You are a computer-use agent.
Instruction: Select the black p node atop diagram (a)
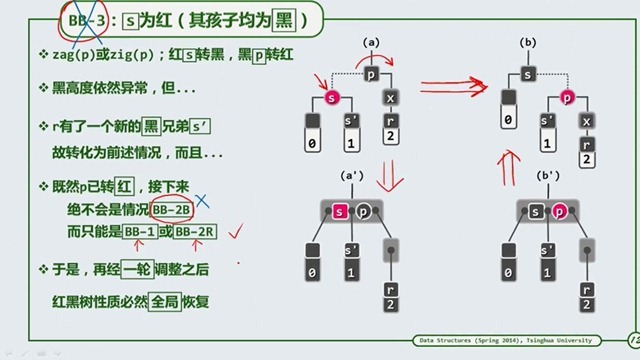click(372, 75)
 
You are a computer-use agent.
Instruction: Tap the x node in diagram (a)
click(391, 99)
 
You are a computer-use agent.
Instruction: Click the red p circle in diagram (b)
click(567, 99)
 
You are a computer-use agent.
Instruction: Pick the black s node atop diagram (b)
click(528, 75)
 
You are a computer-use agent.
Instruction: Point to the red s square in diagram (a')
click(340, 211)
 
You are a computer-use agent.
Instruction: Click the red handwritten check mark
click(237, 232)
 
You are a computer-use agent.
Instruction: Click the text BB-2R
click(194, 232)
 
